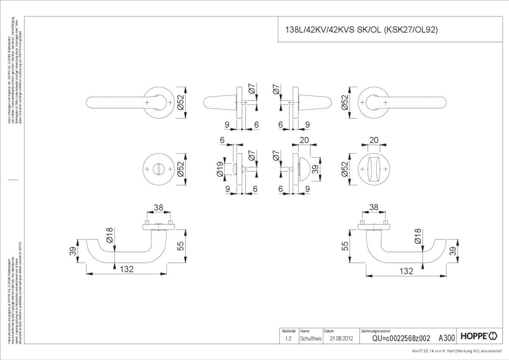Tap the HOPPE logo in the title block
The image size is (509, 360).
(478, 338)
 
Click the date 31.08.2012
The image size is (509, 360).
(341, 338)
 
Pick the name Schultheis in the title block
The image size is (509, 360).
(310, 338)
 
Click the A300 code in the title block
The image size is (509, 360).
(447, 338)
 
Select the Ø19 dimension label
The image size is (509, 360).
(220, 169)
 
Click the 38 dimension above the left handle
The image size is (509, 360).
(158, 208)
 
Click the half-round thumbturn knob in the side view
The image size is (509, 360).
(304, 169)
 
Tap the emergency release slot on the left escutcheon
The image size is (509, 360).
(159, 169)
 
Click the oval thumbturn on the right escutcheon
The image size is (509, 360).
(374, 169)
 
